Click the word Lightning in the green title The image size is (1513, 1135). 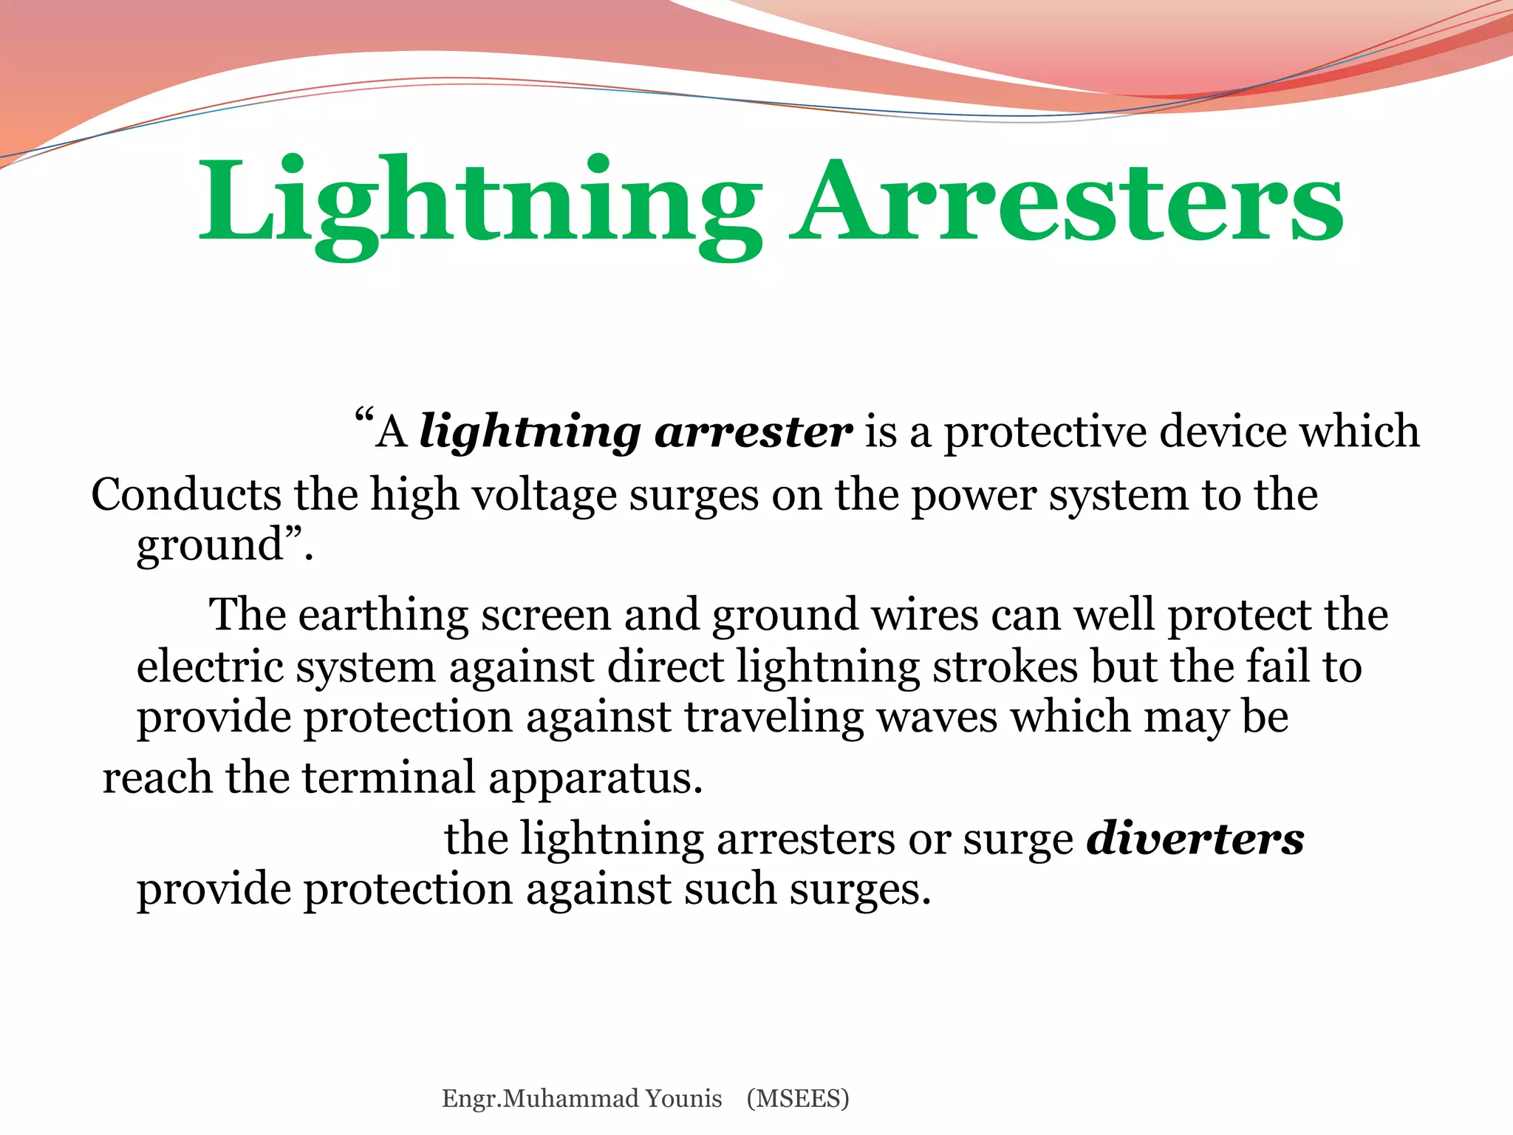(x=480, y=203)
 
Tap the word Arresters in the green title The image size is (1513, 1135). (x=1067, y=203)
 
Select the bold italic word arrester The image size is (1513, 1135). (x=754, y=432)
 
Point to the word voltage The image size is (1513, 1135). (x=544, y=496)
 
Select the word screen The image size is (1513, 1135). (x=546, y=616)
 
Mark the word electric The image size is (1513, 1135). (x=210, y=667)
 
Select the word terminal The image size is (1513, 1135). (x=389, y=778)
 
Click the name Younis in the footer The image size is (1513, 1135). (x=683, y=1099)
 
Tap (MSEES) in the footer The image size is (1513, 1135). (x=798, y=1099)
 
